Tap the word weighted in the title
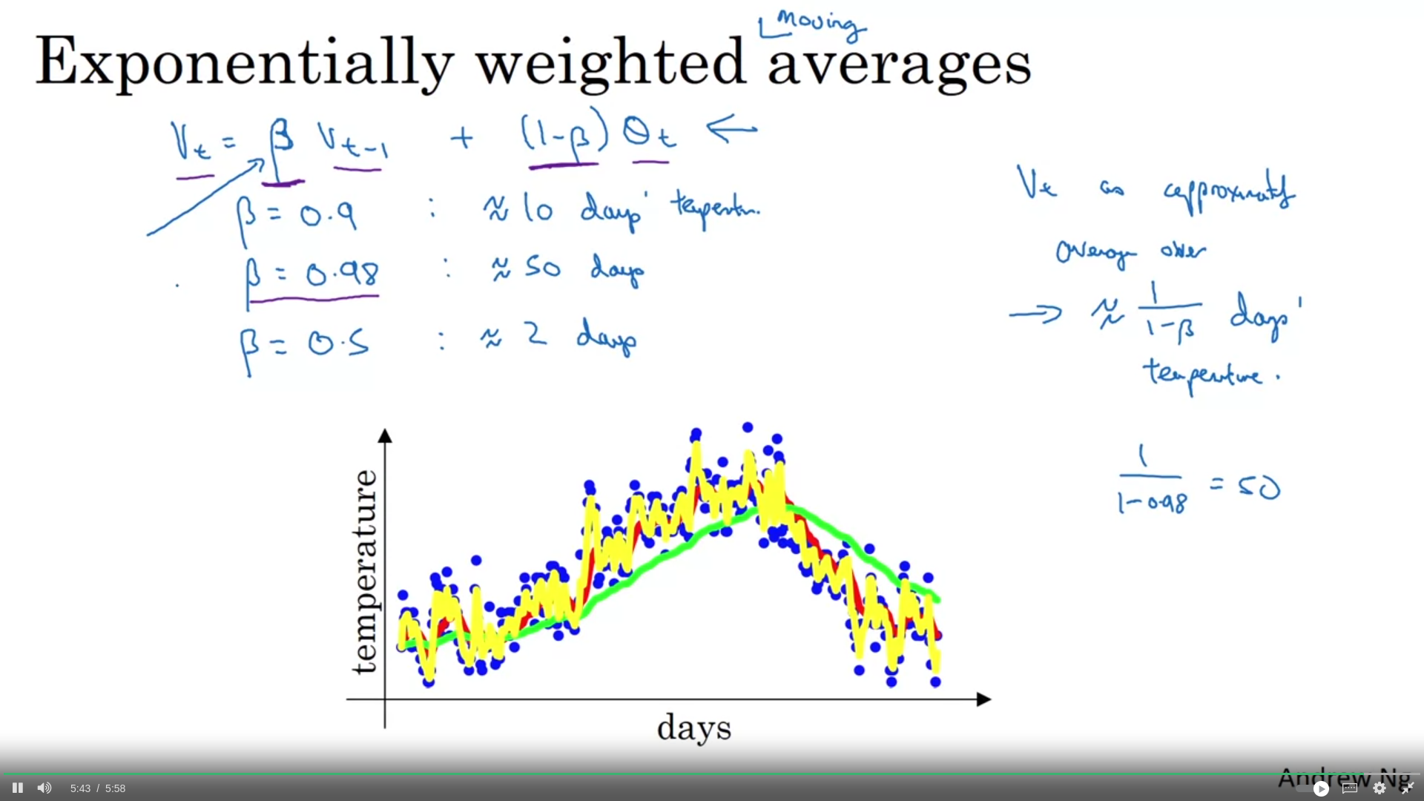click(610, 63)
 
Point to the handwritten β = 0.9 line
click(297, 216)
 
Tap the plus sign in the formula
click(461, 138)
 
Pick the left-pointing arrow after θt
click(732, 128)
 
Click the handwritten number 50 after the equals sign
click(1259, 487)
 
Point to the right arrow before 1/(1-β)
click(1035, 314)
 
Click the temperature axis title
click(364, 572)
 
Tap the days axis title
click(694, 728)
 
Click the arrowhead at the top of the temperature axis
click(385, 435)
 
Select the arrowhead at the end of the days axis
click(983, 699)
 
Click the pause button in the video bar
click(18, 788)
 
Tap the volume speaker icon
click(44, 788)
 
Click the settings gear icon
click(1379, 788)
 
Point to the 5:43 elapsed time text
click(80, 788)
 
